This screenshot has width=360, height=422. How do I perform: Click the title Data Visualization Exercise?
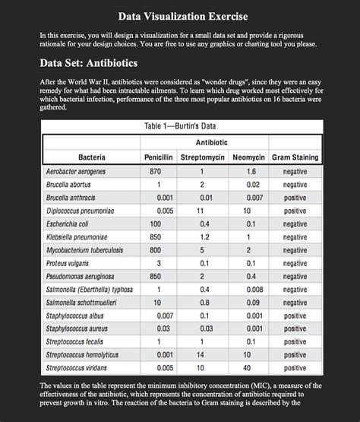coord(180,16)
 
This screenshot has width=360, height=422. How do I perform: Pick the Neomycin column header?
coord(248,157)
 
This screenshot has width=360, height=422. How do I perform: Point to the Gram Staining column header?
coord(295,157)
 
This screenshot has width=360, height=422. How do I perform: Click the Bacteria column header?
coord(91,157)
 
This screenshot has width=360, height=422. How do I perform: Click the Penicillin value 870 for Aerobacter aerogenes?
coord(156,172)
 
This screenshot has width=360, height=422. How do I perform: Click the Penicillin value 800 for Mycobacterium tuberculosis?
coord(156,249)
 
